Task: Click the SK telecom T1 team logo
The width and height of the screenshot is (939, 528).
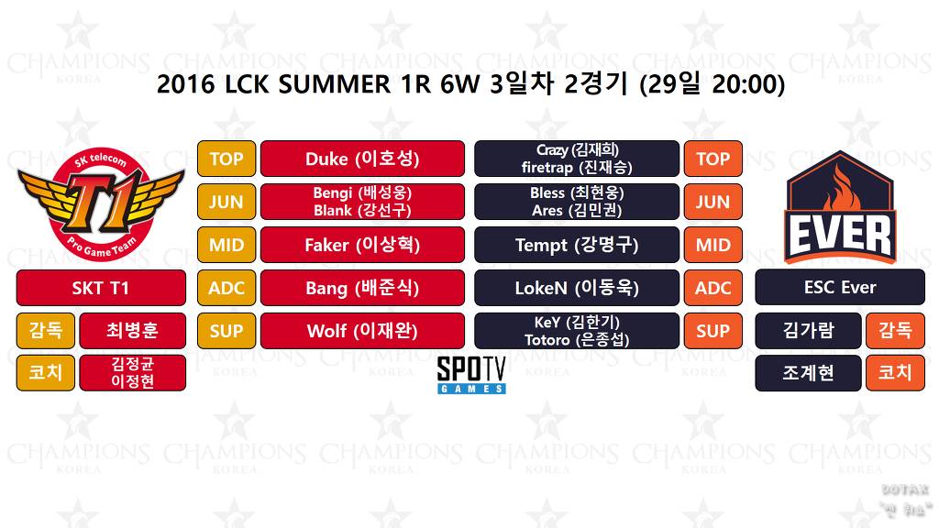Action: (x=101, y=203)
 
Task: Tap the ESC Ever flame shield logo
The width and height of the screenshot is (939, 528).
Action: (x=839, y=206)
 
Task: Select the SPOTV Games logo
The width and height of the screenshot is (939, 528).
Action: (x=471, y=374)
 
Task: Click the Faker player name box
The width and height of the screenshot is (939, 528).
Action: (x=362, y=245)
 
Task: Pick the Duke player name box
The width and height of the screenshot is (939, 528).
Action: (x=362, y=159)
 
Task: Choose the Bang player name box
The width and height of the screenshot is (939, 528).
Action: (x=362, y=288)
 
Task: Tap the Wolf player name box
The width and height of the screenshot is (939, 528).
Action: (x=362, y=331)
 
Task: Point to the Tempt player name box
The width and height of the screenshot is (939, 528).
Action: (x=577, y=245)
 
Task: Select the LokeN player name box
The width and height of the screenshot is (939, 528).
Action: (x=577, y=288)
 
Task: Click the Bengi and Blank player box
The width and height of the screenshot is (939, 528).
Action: (x=362, y=202)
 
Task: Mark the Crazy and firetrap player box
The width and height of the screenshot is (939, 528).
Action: (x=577, y=159)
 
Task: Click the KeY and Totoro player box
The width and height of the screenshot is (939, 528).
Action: (x=577, y=331)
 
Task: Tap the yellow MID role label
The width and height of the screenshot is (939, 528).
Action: (x=226, y=245)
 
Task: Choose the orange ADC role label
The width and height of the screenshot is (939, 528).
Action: (x=713, y=288)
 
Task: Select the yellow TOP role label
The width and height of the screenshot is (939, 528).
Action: (x=226, y=159)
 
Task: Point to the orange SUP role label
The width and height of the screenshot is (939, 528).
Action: (x=713, y=331)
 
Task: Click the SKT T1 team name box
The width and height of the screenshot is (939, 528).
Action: (x=101, y=288)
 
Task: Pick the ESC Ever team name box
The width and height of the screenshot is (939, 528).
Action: (x=840, y=288)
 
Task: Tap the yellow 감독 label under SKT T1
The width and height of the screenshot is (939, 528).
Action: (x=46, y=331)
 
